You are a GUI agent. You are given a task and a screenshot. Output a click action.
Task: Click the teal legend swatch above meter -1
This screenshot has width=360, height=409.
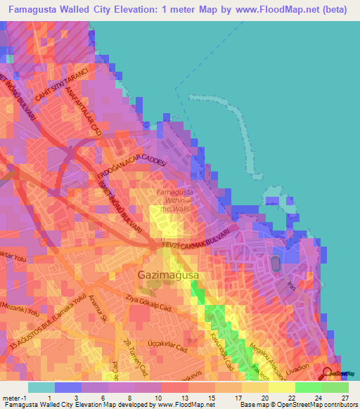[41, 387]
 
